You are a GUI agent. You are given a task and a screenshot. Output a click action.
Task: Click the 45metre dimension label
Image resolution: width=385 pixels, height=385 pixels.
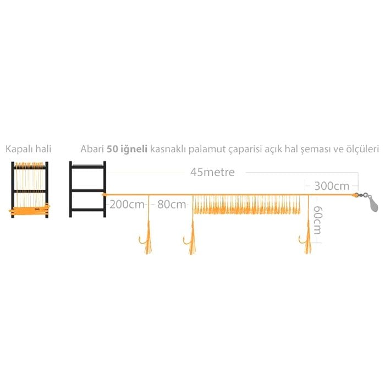tap(212, 172)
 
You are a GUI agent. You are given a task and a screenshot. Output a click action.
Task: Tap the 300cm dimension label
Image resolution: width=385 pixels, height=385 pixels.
tap(332, 186)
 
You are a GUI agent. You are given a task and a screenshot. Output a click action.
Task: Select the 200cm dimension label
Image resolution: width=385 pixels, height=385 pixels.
tap(127, 204)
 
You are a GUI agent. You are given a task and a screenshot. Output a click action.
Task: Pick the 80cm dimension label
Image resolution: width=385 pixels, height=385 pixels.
tap(172, 204)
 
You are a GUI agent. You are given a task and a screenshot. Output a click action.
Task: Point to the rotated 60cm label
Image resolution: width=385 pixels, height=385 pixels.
tap(318, 220)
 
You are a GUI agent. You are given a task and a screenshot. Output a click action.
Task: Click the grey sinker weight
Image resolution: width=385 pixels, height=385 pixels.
tap(372, 204)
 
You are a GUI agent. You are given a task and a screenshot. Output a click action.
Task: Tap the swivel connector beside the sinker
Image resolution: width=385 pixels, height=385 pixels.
tap(362, 195)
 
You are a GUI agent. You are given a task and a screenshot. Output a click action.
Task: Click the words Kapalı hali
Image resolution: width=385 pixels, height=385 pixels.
tap(29, 149)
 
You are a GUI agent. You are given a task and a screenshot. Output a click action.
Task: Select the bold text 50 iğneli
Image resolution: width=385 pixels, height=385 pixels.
tap(127, 149)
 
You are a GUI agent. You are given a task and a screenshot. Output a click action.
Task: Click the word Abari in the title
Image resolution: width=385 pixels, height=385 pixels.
tap(92, 149)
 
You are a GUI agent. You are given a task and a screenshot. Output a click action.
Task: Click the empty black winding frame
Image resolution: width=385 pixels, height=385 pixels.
tap(87, 189)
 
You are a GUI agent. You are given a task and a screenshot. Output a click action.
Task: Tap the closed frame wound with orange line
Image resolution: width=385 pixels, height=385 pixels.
tap(30, 190)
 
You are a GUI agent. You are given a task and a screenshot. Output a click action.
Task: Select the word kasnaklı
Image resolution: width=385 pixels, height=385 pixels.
tap(168, 149)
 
